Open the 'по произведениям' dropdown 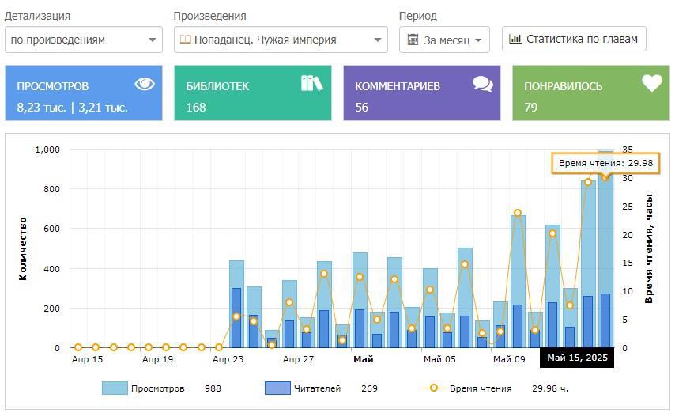coord(84,40)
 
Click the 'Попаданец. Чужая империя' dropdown coord(281,40)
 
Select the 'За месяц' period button coord(444,40)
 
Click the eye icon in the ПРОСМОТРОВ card coord(144,84)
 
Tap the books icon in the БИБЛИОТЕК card coord(311,83)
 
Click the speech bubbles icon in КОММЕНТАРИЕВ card coord(482,84)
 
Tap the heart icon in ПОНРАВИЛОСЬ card coord(651,83)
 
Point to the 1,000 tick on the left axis coord(47,150)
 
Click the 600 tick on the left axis coord(51,229)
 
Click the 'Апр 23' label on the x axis coord(228,359)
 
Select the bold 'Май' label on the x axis coord(364,359)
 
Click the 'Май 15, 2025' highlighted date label coord(577,358)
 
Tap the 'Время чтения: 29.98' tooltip coord(605,163)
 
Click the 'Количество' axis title coord(24,248)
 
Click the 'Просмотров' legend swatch coord(114,388)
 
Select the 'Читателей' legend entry coord(317,388)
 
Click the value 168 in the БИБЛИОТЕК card coord(196,107)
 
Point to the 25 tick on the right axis coord(628,206)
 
